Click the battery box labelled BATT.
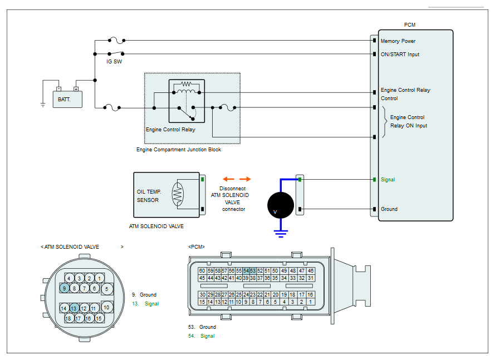tap(67, 100)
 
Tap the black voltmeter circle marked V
tap(281, 205)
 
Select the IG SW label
tap(114, 62)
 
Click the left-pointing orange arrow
tap(228, 179)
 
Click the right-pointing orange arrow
tap(245, 179)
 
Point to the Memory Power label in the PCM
tap(398, 41)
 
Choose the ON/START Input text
tap(400, 55)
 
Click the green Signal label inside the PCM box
tap(388, 180)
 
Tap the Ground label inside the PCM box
tap(389, 209)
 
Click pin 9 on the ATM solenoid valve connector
tap(65, 288)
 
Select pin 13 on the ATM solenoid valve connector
tap(73, 308)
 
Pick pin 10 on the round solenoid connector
tap(107, 307)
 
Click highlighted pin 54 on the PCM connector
tap(246, 271)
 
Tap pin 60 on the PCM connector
tap(202, 271)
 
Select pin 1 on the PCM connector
tap(310, 302)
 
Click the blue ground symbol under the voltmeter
tap(281, 234)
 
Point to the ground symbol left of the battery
tap(43, 105)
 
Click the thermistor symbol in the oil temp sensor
tap(178, 194)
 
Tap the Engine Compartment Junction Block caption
tap(179, 150)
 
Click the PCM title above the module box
tap(410, 25)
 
